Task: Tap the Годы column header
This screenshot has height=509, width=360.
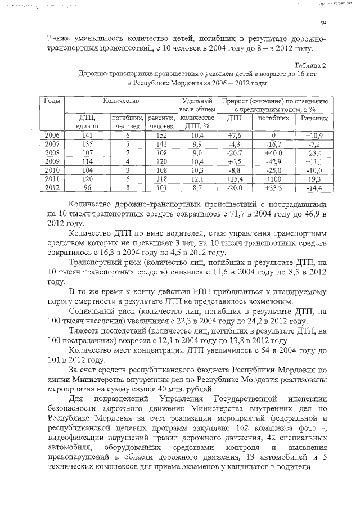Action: pos(52,100)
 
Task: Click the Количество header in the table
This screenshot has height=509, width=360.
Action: pos(120,100)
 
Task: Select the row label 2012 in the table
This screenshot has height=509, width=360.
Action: pos(51,187)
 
